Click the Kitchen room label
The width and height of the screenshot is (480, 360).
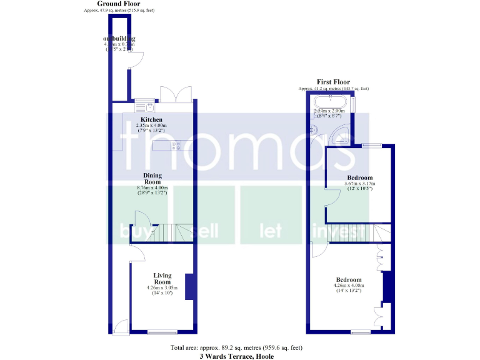tap(151, 119)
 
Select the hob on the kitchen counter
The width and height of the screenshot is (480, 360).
tap(176, 146)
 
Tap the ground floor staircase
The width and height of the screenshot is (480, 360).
tap(174, 232)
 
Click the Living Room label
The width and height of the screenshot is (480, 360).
tap(162, 278)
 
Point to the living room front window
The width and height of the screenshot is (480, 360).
tap(162, 332)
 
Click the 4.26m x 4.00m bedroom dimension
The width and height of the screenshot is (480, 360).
tap(349, 286)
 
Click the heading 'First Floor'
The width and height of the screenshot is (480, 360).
tap(333, 82)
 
